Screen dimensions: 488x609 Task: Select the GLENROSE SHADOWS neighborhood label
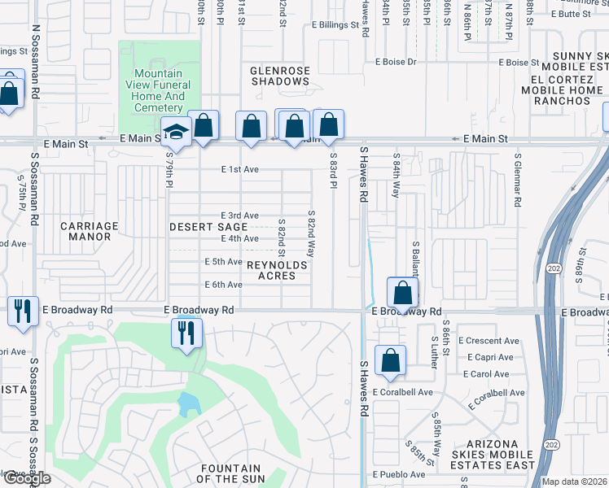click(280, 76)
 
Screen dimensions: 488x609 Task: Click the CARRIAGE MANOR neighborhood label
click(90, 232)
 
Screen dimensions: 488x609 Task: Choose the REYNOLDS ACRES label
click(277, 271)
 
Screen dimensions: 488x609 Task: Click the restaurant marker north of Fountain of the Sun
click(187, 333)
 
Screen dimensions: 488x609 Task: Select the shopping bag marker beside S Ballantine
click(403, 293)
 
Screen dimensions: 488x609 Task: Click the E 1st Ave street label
click(239, 170)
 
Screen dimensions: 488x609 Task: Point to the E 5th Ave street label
click(223, 262)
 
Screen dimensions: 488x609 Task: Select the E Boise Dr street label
click(396, 62)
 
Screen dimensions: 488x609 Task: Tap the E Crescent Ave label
click(489, 341)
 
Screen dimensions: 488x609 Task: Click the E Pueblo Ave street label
click(399, 474)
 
